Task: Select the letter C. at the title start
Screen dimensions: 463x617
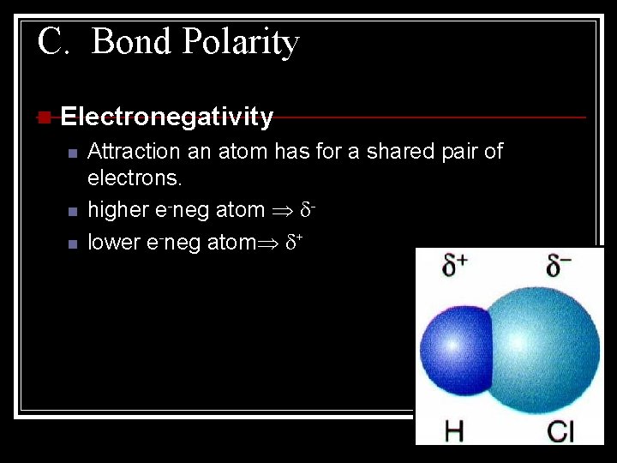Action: (52, 41)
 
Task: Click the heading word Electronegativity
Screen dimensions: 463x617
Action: (167, 117)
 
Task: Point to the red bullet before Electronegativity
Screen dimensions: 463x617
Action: (44, 117)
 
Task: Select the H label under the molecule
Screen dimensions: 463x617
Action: (453, 430)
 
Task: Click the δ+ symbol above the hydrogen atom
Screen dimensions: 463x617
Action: (454, 267)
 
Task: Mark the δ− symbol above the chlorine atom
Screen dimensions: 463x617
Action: (559, 267)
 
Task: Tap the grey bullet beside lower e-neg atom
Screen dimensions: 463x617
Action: (73, 244)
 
